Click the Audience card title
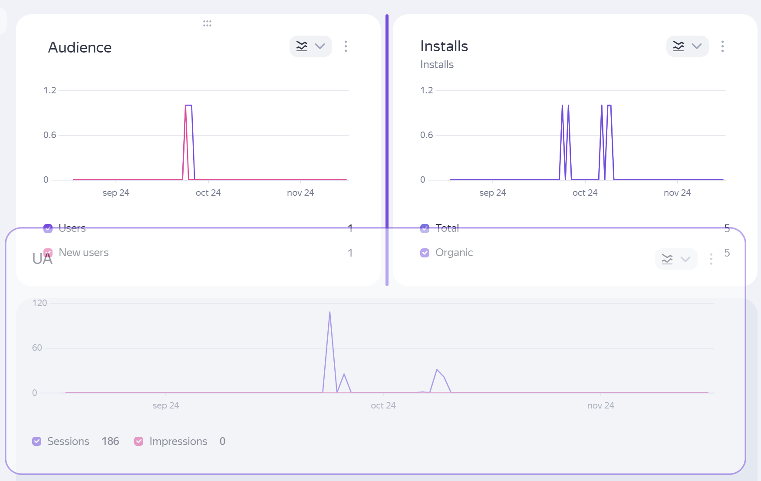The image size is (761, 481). click(x=80, y=47)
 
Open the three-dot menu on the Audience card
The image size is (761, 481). click(x=346, y=46)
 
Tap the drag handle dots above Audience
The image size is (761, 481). click(x=207, y=23)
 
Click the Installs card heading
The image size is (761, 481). click(x=444, y=46)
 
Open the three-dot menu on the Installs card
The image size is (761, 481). click(x=722, y=46)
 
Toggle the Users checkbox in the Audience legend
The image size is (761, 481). click(x=48, y=228)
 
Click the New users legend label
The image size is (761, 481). click(x=84, y=253)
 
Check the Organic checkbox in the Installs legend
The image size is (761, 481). click(x=425, y=253)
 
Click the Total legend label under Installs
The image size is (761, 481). click(x=447, y=228)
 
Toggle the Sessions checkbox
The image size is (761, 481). click(x=37, y=441)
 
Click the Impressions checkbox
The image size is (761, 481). click(x=139, y=441)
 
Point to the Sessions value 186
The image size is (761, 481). click(x=110, y=441)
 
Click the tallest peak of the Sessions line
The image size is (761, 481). click(x=330, y=312)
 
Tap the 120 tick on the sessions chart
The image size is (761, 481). click(x=40, y=303)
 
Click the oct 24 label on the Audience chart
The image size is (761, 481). click(x=208, y=193)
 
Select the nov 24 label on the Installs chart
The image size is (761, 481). click(x=677, y=193)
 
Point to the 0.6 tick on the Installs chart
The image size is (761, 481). click(x=426, y=135)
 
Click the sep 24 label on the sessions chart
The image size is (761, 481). click(x=166, y=405)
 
